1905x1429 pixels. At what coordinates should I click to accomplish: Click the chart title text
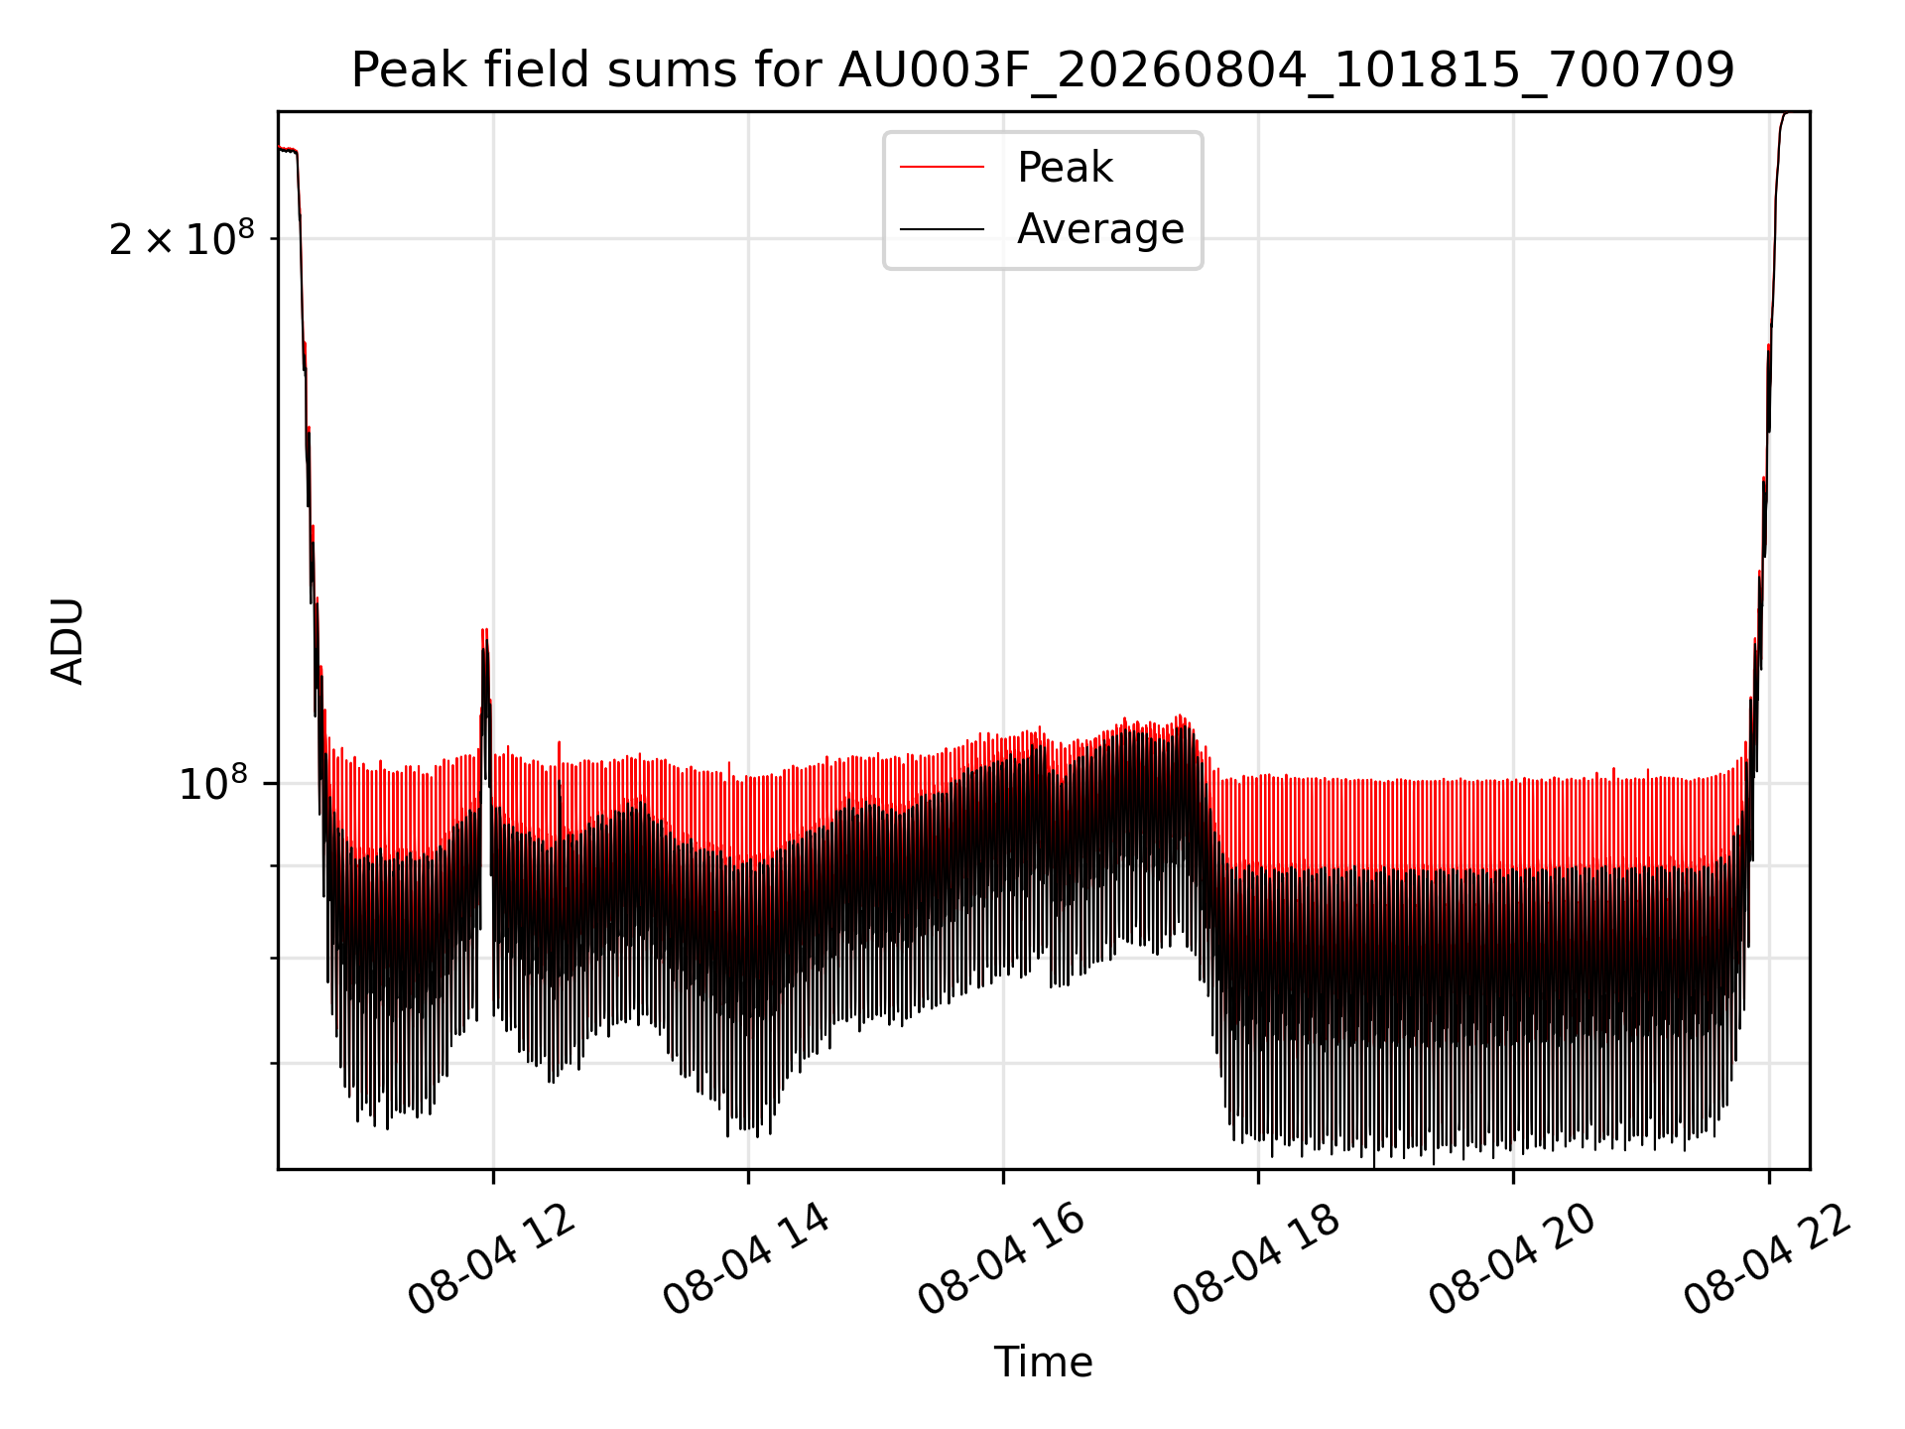[1043, 70]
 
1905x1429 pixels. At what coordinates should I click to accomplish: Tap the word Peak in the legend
[1065, 168]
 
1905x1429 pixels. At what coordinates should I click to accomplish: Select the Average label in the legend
[1100, 229]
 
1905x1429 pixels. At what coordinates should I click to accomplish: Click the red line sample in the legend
[943, 168]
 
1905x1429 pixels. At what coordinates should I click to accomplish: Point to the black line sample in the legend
[943, 230]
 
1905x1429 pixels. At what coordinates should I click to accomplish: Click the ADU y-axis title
[67, 641]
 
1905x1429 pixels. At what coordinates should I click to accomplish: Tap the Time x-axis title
[1043, 1363]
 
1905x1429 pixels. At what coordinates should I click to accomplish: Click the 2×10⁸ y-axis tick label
[182, 238]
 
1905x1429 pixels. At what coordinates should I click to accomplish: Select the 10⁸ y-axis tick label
[213, 783]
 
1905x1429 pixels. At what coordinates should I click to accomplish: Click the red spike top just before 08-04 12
[484, 629]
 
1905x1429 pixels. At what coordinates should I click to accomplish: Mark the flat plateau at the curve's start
[288, 150]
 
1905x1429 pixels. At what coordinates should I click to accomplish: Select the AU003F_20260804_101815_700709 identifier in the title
[1286, 71]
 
